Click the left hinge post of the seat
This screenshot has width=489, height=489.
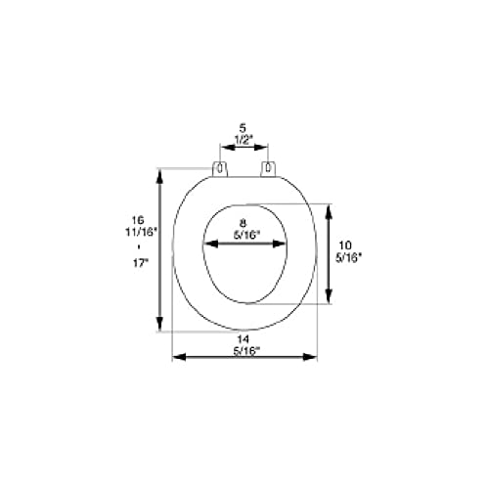pos(220,169)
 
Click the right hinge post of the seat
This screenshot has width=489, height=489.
pos(268,169)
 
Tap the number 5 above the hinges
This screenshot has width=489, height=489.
pos(243,128)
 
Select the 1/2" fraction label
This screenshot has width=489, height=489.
pos(244,140)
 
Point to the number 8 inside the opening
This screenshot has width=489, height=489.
pos(243,223)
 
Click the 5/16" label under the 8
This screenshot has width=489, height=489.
pos(246,235)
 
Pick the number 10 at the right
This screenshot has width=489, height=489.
pos(345,244)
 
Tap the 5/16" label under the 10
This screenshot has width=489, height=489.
pos(349,257)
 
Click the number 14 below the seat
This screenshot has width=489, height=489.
pos(243,339)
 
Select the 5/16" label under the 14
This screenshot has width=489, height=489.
pos(246,351)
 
